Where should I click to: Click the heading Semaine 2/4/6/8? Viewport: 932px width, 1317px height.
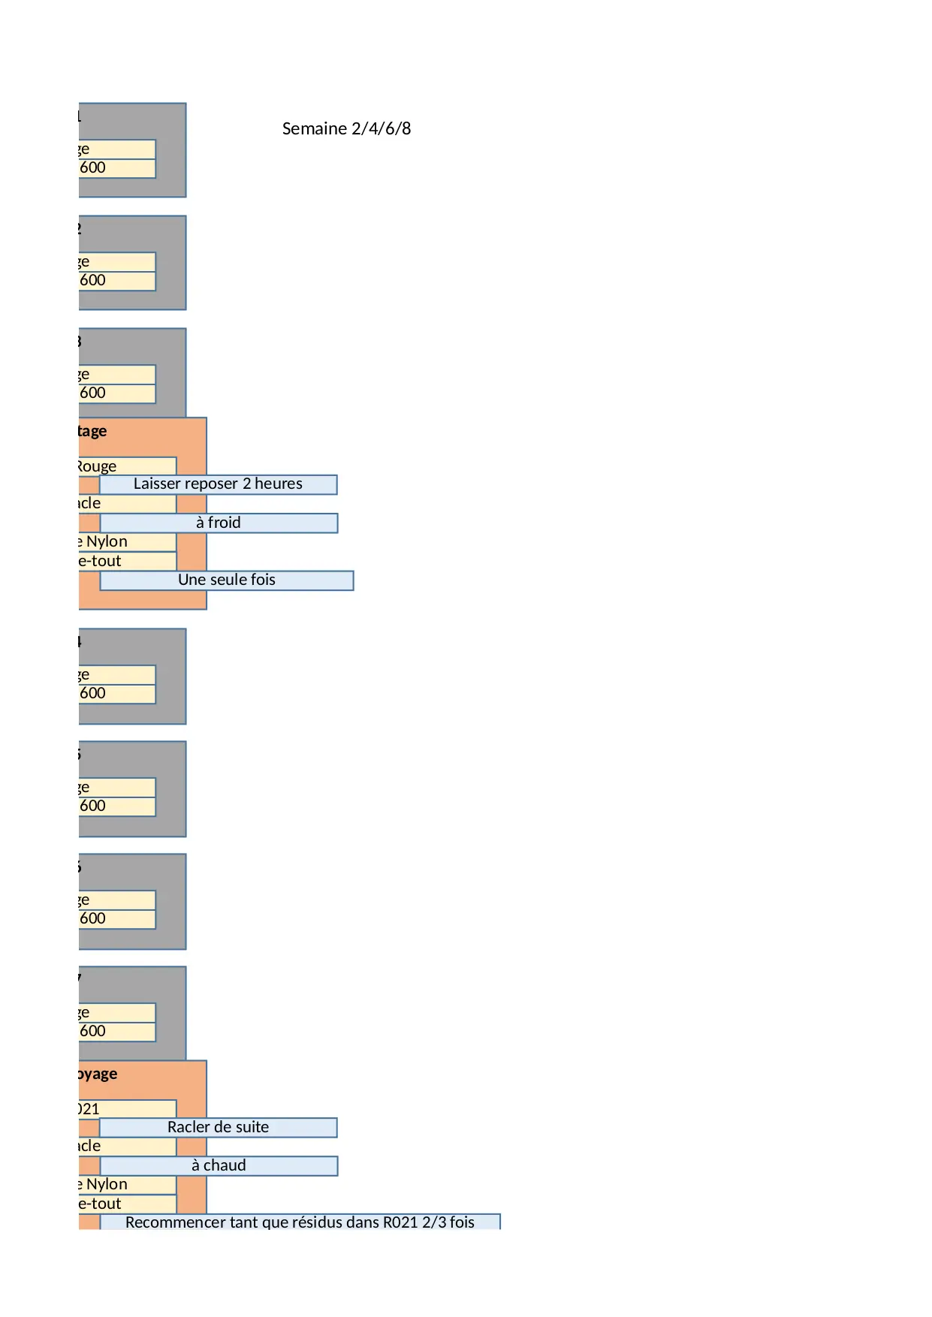(346, 128)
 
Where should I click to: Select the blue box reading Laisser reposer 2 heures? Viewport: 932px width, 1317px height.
(218, 484)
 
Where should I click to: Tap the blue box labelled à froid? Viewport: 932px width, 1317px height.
(219, 523)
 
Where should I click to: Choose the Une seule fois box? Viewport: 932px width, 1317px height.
(227, 580)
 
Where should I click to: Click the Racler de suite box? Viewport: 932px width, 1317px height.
(218, 1127)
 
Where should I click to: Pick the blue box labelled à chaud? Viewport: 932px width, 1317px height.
(219, 1165)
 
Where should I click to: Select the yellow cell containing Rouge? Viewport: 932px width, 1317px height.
(98, 466)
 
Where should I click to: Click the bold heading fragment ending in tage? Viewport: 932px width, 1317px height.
(92, 431)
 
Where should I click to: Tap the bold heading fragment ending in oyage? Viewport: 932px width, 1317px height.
(98, 1074)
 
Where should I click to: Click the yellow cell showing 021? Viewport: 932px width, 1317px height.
(89, 1109)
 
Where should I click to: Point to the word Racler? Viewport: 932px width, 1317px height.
(189, 1127)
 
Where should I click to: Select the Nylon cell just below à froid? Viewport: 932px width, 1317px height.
(106, 541)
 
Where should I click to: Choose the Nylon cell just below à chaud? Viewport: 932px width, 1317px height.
(106, 1184)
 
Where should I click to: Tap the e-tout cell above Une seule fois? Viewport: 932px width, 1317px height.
(100, 561)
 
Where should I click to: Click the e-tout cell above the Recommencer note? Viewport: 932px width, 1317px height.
(100, 1204)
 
